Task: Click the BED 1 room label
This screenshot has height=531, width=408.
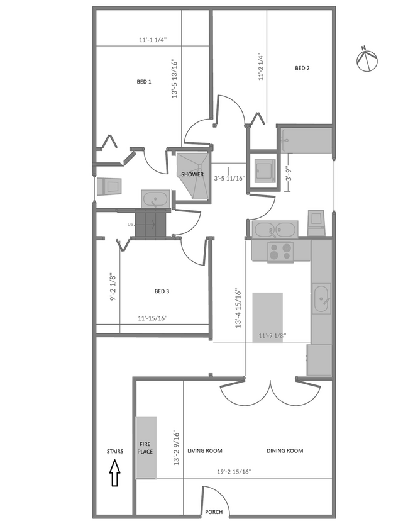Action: point(144,82)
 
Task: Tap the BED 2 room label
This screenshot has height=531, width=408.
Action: point(302,68)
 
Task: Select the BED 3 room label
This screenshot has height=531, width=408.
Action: point(162,291)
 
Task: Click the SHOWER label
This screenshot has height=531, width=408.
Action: point(192,174)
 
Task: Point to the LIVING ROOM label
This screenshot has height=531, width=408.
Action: point(205,450)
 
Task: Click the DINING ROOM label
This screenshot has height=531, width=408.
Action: point(285,450)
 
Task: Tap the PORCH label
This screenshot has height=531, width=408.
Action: point(214,512)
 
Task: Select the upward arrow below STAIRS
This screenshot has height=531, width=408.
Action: point(115,473)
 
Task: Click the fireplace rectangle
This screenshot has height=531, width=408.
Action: point(146,447)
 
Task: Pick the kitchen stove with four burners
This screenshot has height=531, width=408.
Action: point(280,251)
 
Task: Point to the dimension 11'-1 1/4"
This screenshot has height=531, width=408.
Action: point(153,40)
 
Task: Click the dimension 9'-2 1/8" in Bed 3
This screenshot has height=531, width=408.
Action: point(111,286)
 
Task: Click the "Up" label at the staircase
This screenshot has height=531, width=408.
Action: point(130,225)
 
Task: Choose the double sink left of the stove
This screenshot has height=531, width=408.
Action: point(275,228)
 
